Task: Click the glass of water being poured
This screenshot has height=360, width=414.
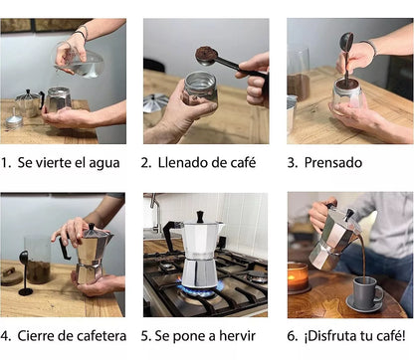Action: pyautogui.click(x=83, y=63)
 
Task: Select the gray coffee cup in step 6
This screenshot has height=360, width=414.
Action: pyautogui.click(x=366, y=291)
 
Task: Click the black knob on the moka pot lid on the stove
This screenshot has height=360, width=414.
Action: pyautogui.click(x=199, y=216)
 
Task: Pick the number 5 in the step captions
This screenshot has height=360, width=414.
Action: pyautogui.click(x=144, y=336)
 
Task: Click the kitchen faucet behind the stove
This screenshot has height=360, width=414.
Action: pyautogui.click(x=154, y=214)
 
